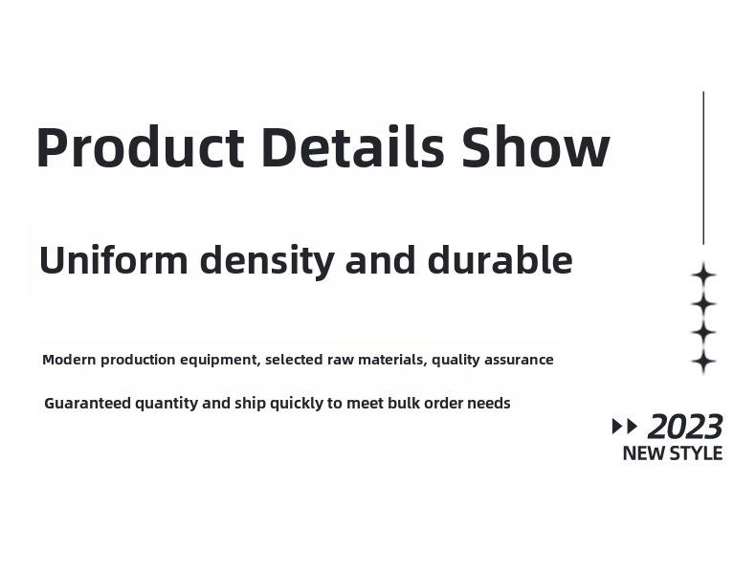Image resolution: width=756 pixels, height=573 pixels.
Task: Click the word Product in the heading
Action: [x=141, y=147]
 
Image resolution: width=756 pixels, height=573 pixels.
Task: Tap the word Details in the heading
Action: [x=352, y=146]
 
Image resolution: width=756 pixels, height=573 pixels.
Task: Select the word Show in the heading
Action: [x=535, y=146]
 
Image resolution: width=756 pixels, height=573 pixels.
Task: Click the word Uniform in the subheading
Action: [x=113, y=260]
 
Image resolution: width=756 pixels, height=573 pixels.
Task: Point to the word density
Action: [x=267, y=261]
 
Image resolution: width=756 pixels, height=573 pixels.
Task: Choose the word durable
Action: [x=500, y=259]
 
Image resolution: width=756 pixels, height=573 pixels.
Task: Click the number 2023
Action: [x=685, y=427]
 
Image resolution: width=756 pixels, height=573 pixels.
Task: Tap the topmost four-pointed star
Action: [x=703, y=275]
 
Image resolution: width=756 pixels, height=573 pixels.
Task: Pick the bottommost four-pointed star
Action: [x=703, y=361]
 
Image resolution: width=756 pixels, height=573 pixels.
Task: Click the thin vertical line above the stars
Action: [x=703, y=168]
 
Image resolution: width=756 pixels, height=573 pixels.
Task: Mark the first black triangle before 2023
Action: [x=617, y=427]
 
